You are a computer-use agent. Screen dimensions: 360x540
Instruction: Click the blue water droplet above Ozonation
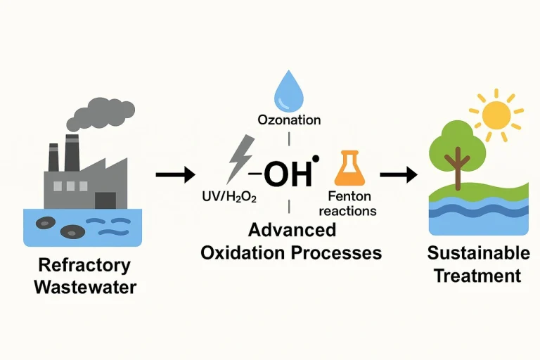pos(288,90)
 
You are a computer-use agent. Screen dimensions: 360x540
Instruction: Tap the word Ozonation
pos(288,120)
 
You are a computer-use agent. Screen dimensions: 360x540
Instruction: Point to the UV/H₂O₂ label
pos(229,198)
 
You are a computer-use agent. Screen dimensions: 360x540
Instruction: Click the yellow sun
pos(497,112)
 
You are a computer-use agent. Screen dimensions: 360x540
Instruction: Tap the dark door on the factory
pos(105,200)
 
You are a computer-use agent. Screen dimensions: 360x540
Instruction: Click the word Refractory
pos(84,265)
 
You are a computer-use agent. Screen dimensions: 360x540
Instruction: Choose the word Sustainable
pos(477,253)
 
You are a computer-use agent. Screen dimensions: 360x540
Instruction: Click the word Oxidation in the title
pos(240,252)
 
